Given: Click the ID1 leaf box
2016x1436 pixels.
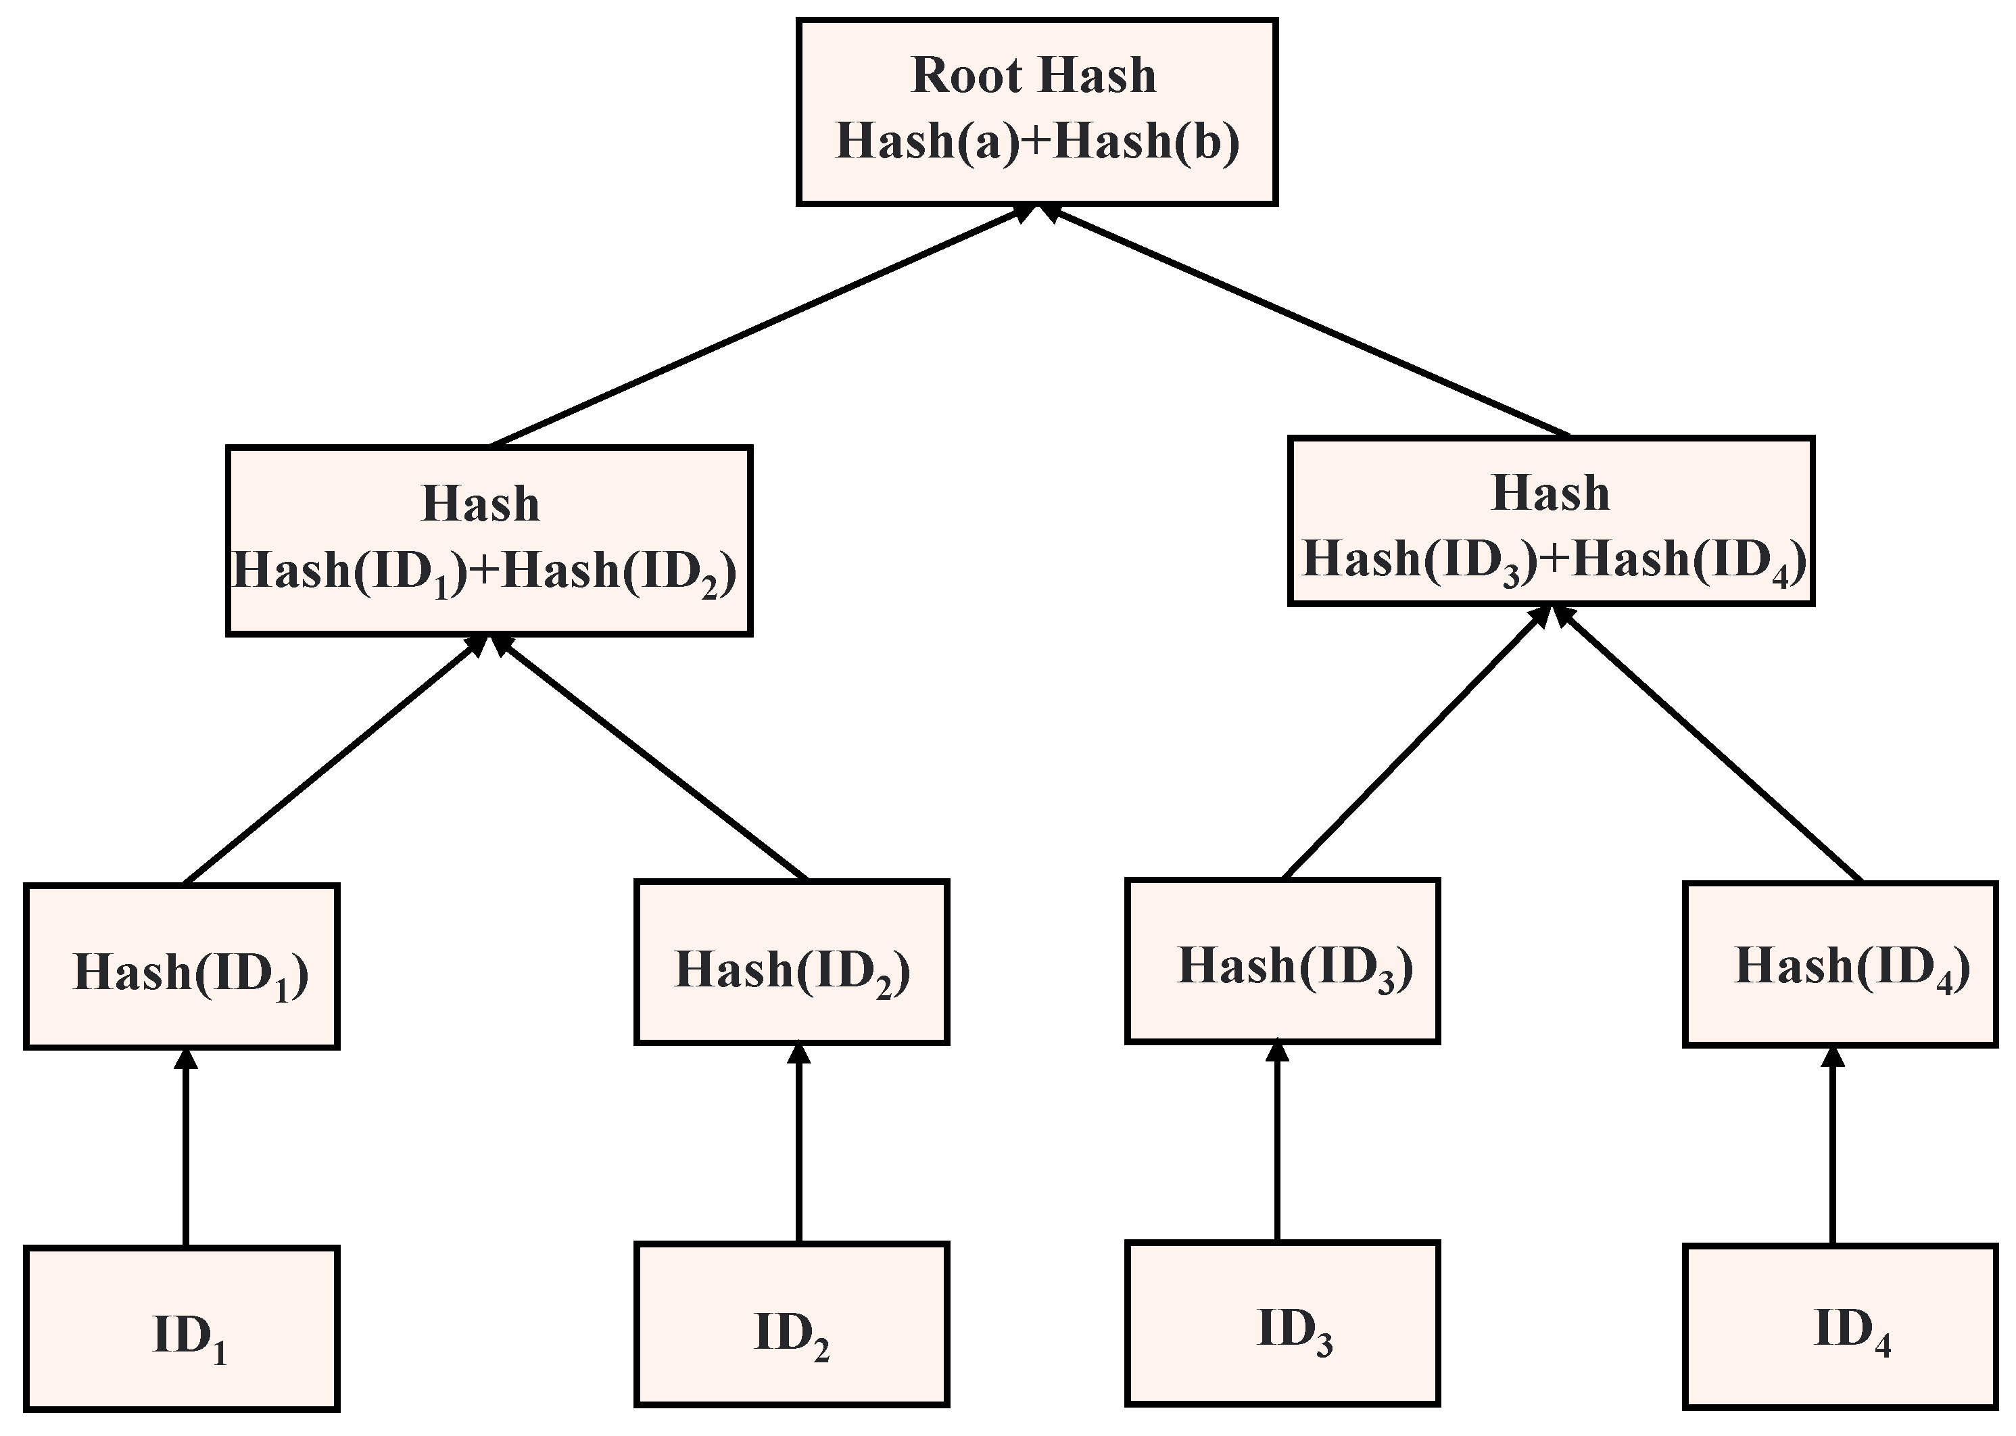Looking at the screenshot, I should (x=181, y=1327).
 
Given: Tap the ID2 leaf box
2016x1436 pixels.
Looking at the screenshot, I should (x=792, y=1324).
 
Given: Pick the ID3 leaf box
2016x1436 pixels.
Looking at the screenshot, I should (x=1282, y=1322).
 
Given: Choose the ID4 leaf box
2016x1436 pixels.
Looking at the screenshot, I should (x=1839, y=1326).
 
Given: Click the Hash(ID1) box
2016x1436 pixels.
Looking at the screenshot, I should (x=181, y=967).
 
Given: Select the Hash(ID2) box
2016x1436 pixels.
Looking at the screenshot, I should (x=792, y=962).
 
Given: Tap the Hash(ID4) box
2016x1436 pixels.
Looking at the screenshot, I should (x=1839, y=964).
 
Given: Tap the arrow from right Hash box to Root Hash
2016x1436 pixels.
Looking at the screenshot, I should (x=1309, y=322).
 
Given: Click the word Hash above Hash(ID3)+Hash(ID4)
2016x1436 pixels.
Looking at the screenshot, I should (x=1550, y=494).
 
